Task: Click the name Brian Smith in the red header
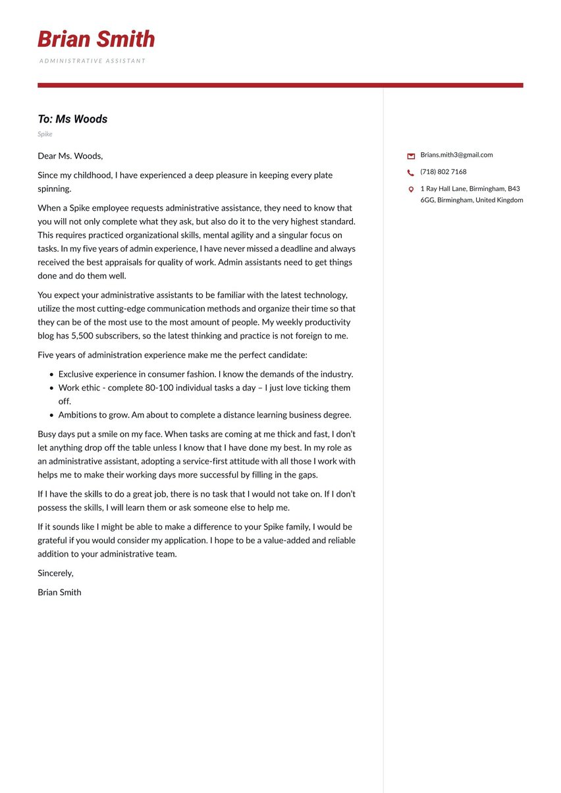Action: pos(96,40)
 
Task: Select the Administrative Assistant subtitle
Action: pos(92,61)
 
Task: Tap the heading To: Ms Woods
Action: pos(72,119)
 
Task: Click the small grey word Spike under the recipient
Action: pos(45,134)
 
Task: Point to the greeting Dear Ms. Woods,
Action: pos(70,156)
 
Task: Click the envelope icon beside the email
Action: pos(411,156)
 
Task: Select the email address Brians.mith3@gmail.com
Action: pos(456,155)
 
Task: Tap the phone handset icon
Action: pos(411,173)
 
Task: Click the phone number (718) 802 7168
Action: pos(443,172)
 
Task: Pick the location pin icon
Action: pos(411,190)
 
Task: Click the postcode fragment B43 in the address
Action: pos(514,188)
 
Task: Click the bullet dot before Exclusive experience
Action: pos(51,375)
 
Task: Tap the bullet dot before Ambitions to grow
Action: pos(51,416)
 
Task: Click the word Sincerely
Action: pos(55,574)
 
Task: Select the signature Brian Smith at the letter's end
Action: pos(59,593)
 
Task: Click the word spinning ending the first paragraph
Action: pos(54,189)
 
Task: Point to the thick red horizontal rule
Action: pos(280,85)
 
